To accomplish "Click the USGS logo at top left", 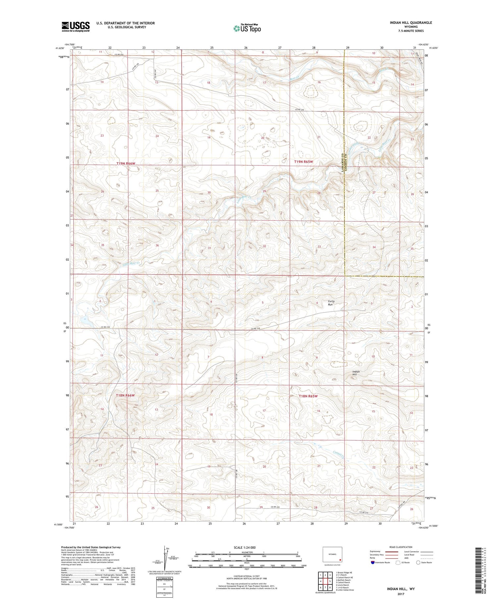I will click(76, 27).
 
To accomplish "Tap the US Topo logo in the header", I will click(247, 29).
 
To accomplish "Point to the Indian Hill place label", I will click(356, 373).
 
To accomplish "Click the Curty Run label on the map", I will click(331, 303).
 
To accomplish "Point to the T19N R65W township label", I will click(304, 161).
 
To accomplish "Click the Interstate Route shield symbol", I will click(373, 563).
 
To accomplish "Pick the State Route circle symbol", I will click(418, 562).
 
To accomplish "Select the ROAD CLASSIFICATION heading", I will click(401, 547).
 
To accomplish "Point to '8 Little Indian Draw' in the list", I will click(345, 590).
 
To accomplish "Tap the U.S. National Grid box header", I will click(164, 578).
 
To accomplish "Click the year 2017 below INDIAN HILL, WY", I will click(401, 594).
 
